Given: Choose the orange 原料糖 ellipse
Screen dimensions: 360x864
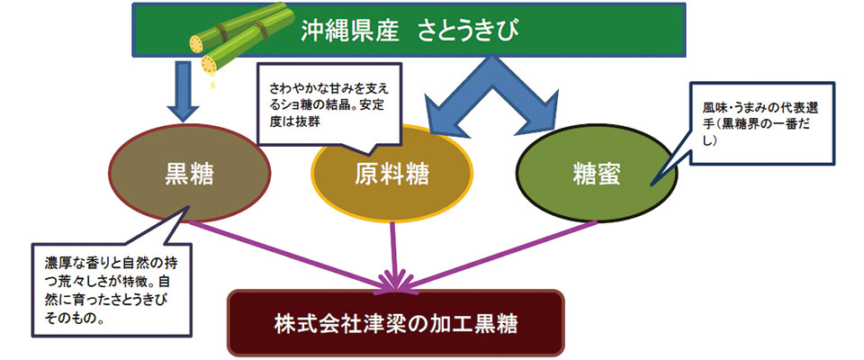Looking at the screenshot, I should [391, 174].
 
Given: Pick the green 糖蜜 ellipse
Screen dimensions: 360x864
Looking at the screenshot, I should [596, 174].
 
